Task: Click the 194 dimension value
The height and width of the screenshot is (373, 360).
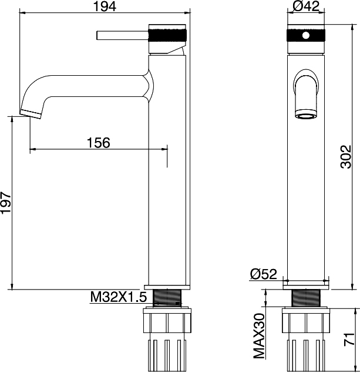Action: click(x=105, y=6)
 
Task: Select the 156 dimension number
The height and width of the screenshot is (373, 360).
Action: click(x=99, y=143)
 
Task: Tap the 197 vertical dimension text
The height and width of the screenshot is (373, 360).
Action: click(x=6, y=202)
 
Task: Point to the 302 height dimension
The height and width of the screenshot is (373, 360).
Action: click(x=346, y=157)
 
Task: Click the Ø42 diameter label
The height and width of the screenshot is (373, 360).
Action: click(x=306, y=6)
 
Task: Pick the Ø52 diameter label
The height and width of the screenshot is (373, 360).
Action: click(x=264, y=274)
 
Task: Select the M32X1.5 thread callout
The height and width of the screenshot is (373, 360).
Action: click(x=119, y=297)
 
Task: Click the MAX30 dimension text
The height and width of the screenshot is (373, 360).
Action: click(x=259, y=336)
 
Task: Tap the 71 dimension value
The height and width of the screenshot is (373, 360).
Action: click(x=349, y=339)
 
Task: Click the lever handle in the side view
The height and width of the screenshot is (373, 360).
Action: click(x=123, y=35)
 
